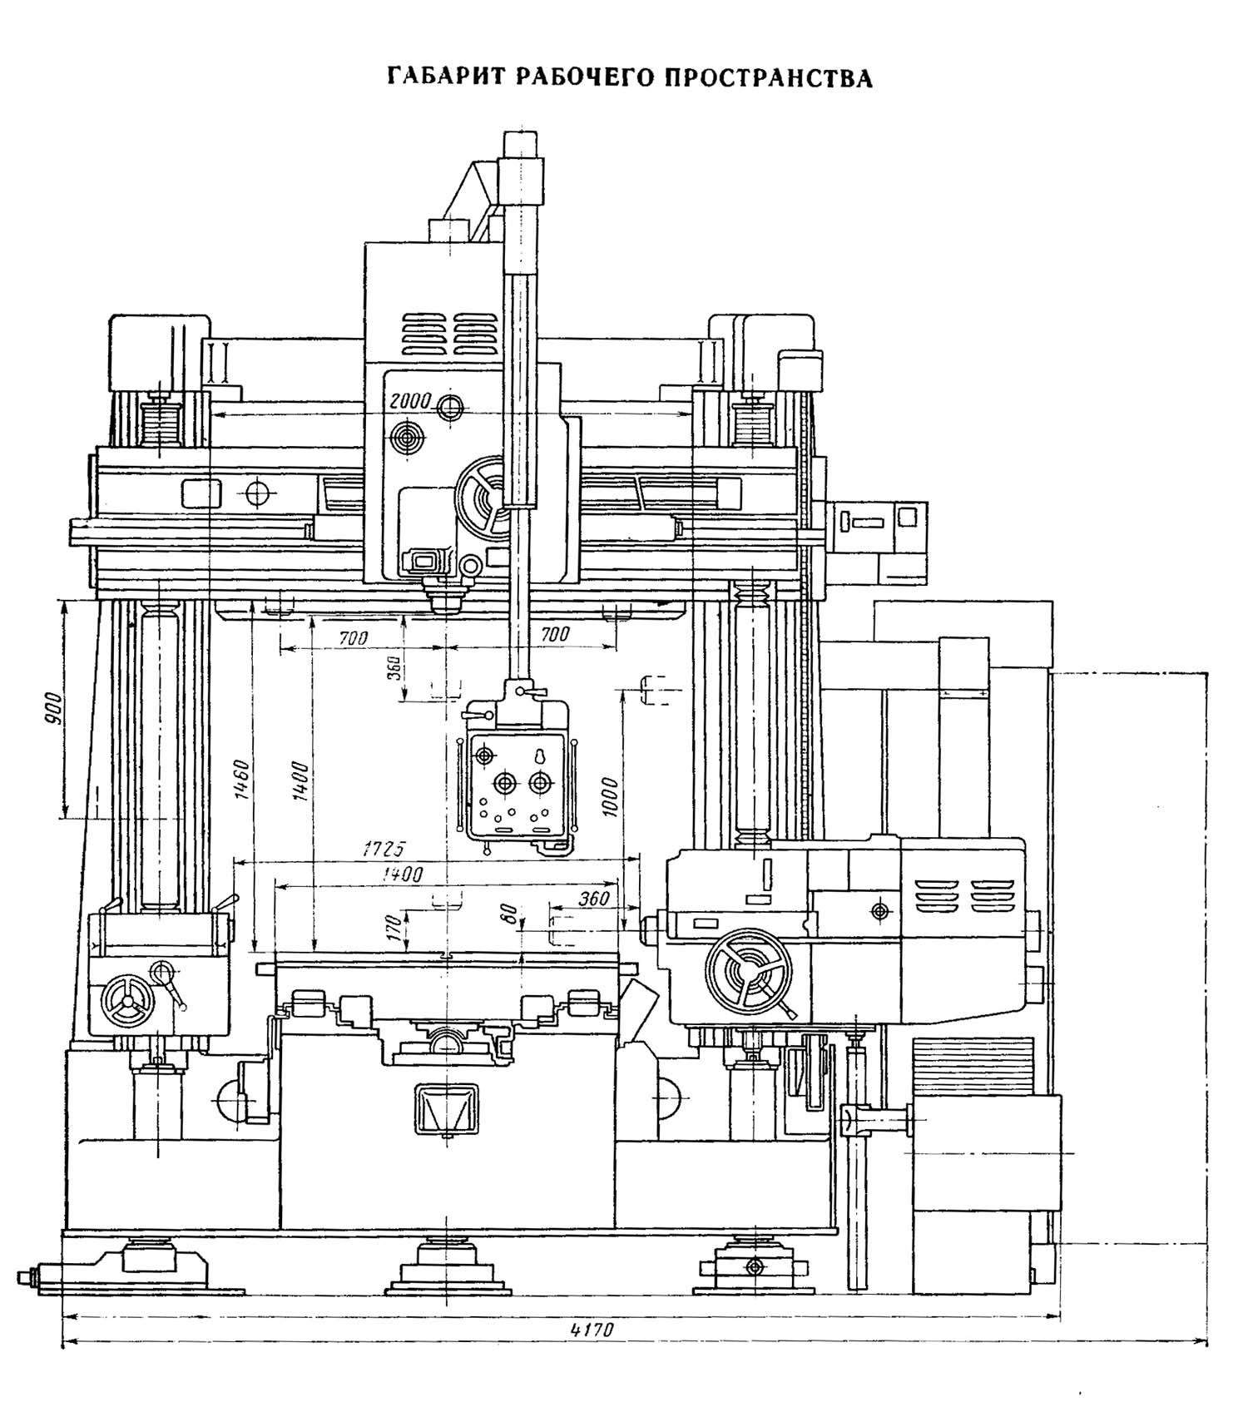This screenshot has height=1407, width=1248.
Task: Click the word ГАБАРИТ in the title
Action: click(x=446, y=77)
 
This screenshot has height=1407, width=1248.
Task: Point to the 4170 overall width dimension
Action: click(x=592, y=1329)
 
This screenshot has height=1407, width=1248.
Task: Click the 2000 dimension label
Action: click(x=409, y=401)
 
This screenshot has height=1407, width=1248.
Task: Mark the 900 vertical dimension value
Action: click(x=55, y=709)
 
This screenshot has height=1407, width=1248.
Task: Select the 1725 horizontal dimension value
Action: click(x=383, y=850)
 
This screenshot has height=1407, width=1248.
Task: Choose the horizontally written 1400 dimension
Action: click(x=401, y=874)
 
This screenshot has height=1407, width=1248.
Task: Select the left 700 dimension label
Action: click(x=353, y=637)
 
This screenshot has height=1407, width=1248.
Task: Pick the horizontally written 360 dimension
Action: click(x=594, y=899)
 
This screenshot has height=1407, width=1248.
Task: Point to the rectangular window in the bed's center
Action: click(x=446, y=1108)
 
